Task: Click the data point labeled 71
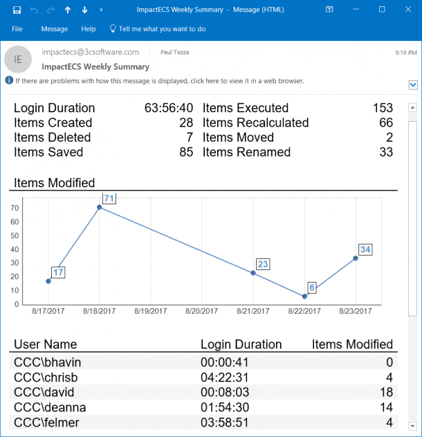click(100, 207)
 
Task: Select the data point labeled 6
click(304, 296)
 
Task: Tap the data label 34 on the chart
click(366, 249)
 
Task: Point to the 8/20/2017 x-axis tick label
click(202, 312)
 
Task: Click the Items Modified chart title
click(55, 183)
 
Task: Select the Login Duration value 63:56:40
click(169, 108)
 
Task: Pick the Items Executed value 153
click(383, 108)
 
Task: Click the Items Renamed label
click(246, 152)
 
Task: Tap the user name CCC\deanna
click(46, 407)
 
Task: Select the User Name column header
click(46, 344)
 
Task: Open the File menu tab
click(17, 29)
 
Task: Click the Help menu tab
click(89, 29)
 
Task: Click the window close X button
click(407, 10)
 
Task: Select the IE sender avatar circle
click(18, 60)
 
